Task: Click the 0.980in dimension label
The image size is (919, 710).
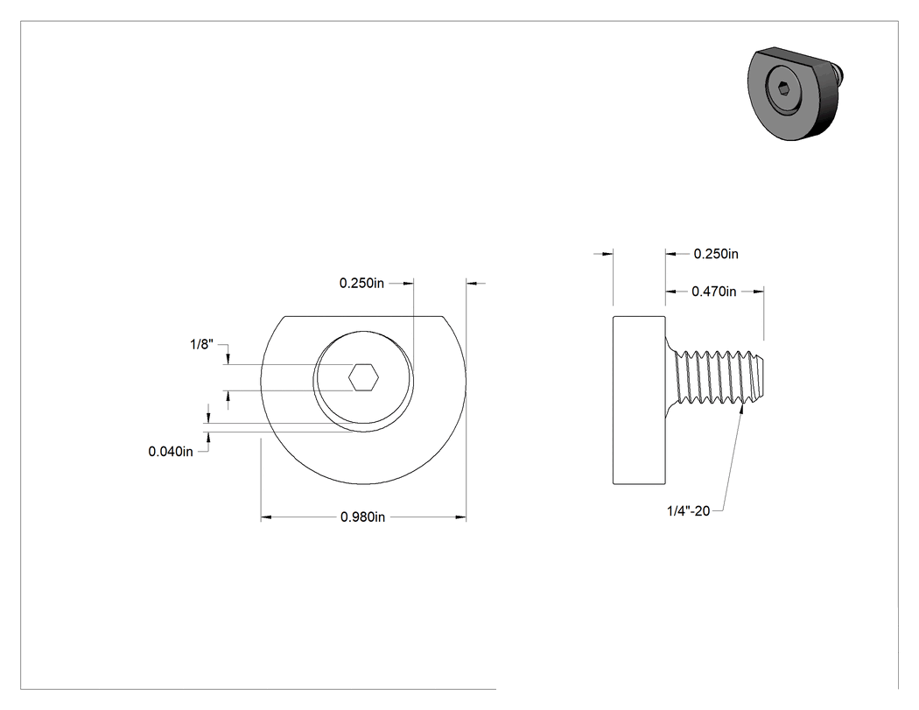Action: [x=363, y=517]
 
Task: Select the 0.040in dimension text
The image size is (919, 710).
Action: [x=171, y=452]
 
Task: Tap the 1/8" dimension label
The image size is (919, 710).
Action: [x=201, y=344]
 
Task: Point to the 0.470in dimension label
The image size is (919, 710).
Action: [x=714, y=292]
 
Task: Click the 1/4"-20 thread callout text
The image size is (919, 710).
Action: [x=688, y=510]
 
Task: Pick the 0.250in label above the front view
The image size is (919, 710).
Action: [x=361, y=283]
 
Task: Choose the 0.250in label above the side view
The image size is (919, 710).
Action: [x=716, y=254]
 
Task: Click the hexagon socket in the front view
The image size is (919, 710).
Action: [x=363, y=377]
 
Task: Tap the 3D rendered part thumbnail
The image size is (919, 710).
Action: [x=796, y=94]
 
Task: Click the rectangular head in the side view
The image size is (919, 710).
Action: [x=639, y=400]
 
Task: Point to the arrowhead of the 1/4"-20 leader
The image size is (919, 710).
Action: [x=742, y=407]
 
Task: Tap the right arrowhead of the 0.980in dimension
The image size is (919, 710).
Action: [x=460, y=517]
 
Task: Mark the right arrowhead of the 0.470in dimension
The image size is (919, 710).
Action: [x=758, y=292]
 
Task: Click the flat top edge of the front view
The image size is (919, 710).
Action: [x=363, y=317]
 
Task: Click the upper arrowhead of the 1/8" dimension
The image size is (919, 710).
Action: [x=228, y=358]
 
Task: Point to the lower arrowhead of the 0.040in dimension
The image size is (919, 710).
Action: [x=208, y=439]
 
